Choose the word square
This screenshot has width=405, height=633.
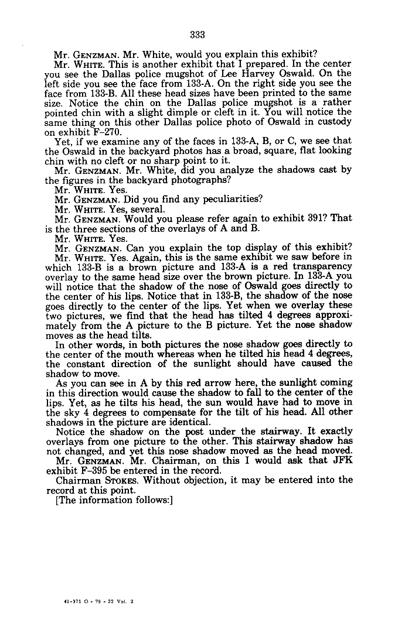[275, 150]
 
